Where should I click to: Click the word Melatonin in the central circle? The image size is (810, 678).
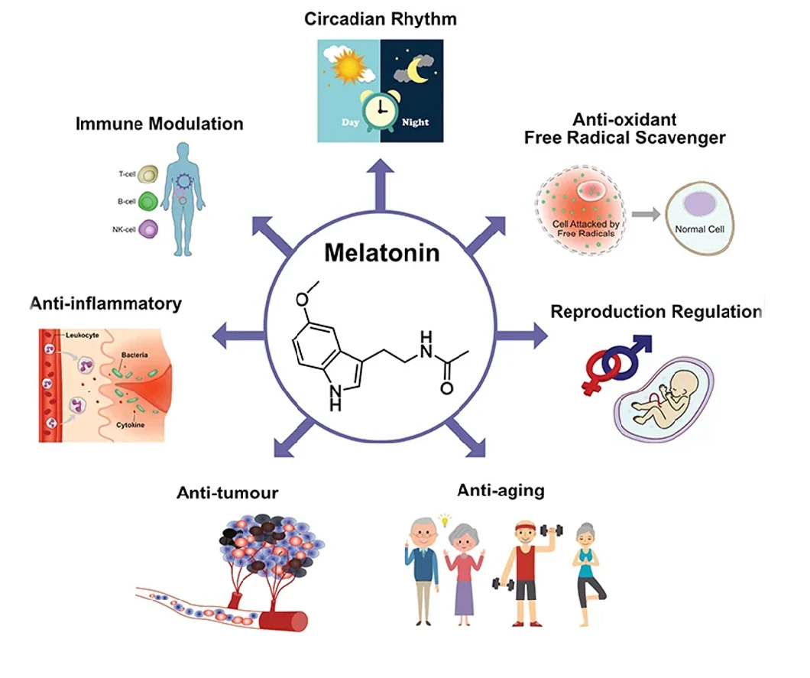pyautogui.click(x=382, y=253)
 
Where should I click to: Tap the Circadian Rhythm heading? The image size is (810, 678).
pyautogui.click(x=380, y=18)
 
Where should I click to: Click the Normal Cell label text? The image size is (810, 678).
pyautogui.click(x=698, y=229)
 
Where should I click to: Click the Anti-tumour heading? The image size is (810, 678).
pyautogui.click(x=227, y=493)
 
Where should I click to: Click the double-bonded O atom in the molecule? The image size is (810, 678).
pyautogui.click(x=446, y=388)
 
